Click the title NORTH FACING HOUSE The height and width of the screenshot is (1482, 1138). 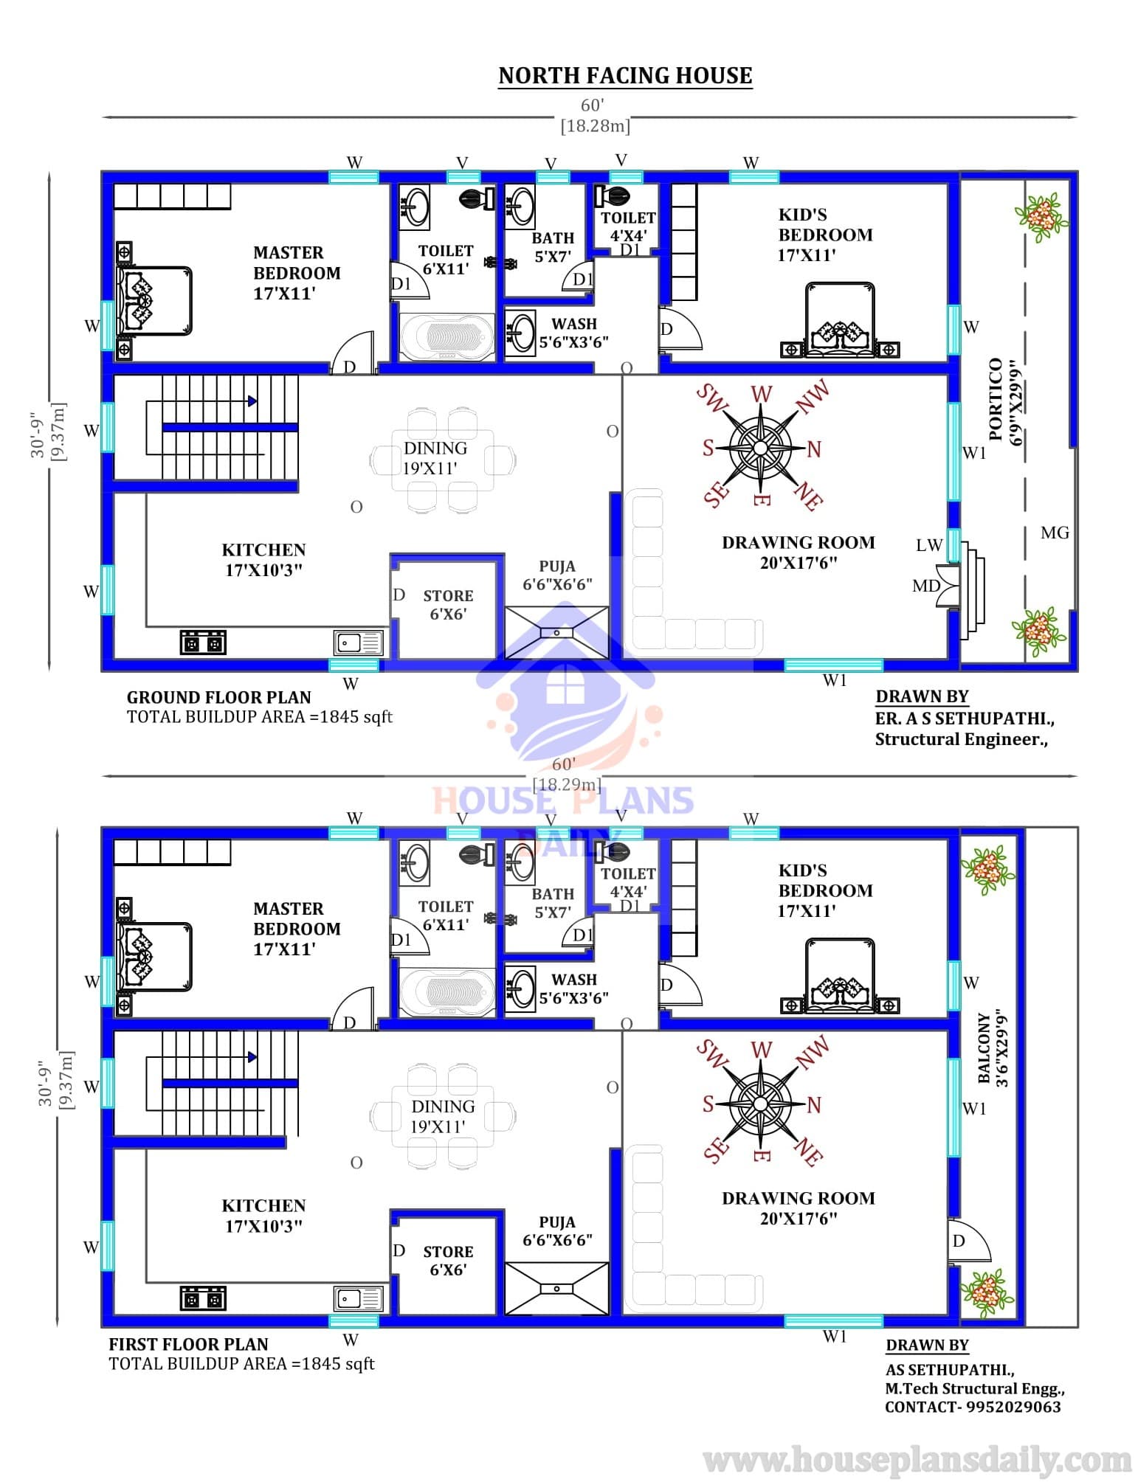(x=625, y=75)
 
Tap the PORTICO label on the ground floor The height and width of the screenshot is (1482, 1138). (x=995, y=399)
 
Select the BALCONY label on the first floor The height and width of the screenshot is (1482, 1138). (x=984, y=1048)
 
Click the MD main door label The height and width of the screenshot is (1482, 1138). (x=926, y=586)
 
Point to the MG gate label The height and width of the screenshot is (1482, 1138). (x=1055, y=533)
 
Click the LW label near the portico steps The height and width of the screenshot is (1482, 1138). (x=929, y=545)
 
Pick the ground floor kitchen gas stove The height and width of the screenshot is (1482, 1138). (x=203, y=643)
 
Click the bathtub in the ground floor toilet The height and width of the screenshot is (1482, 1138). (x=447, y=337)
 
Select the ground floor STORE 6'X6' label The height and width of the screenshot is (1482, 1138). (x=448, y=604)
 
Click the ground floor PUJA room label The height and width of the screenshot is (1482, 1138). (x=557, y=575)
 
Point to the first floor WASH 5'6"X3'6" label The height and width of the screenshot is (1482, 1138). (x=573, y=988)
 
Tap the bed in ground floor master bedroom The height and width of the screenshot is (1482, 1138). (x=154, y=302)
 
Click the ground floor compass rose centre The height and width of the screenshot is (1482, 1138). (x=760, y=446)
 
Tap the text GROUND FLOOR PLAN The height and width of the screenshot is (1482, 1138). (x=219, y=697)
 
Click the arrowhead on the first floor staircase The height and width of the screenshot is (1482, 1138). (x=253, y=1056)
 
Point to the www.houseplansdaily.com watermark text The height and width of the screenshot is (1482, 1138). (x=917, y=1459)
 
